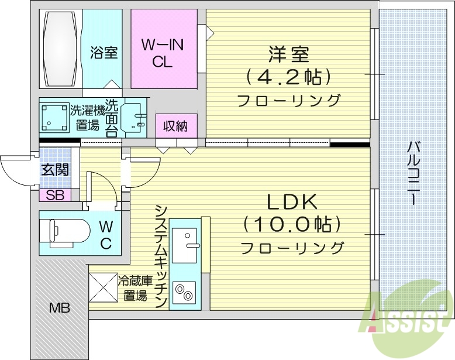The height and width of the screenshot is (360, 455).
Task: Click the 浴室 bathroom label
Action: point(104,53)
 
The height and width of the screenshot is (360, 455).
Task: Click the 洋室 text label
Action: point(288,55)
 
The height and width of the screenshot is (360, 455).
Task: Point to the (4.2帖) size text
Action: point(288,77)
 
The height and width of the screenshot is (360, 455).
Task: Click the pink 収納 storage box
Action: point(176,125)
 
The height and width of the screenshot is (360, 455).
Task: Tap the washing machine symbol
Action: point(53,117)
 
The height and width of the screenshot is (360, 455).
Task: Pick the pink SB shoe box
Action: point(55,196)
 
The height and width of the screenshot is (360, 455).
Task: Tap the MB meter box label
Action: point(59,307)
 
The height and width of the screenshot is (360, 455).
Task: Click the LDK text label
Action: point(292,203)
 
